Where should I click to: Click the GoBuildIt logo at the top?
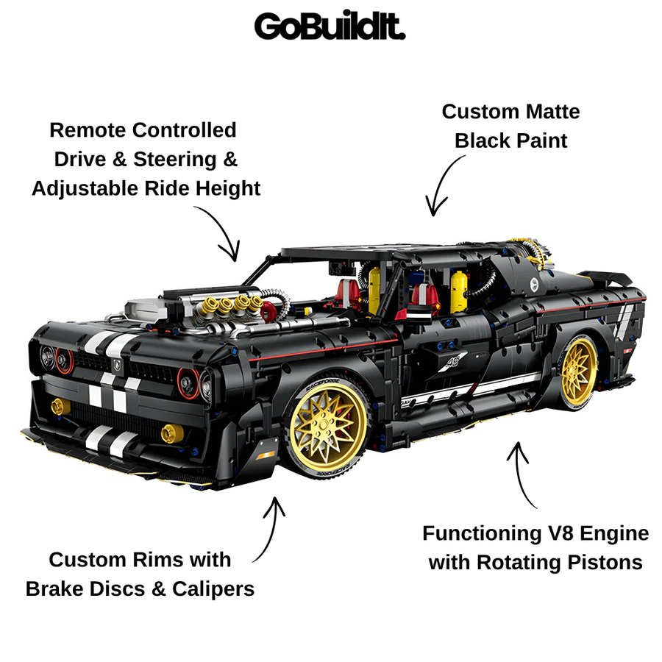click(x=330, y=26)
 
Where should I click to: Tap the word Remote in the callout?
click(x=88, y=130)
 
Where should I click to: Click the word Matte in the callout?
click(x=552, y=112)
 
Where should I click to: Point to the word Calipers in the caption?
click(x=213, y=589)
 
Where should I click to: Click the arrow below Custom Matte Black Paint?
click(x=441, y=185)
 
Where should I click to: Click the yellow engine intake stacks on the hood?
click(x=232, y=305)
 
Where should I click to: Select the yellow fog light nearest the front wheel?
click(x=172, y=433)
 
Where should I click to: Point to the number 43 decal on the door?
click(x=453, y=361)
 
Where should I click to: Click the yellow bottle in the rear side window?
click(x=458, y=291)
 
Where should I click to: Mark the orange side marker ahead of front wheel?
click(x=265, y=455)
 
